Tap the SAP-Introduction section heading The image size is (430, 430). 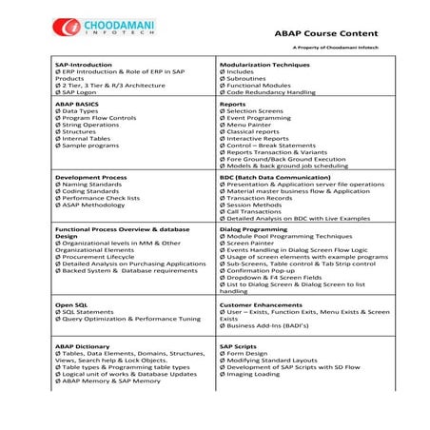(x=84, y=66)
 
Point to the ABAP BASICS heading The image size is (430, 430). (x=78, y=104)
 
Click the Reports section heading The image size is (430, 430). (x=234, y=104)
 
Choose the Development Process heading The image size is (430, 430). (x=91, y=178)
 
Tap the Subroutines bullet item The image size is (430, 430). (x=247, y=79)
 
